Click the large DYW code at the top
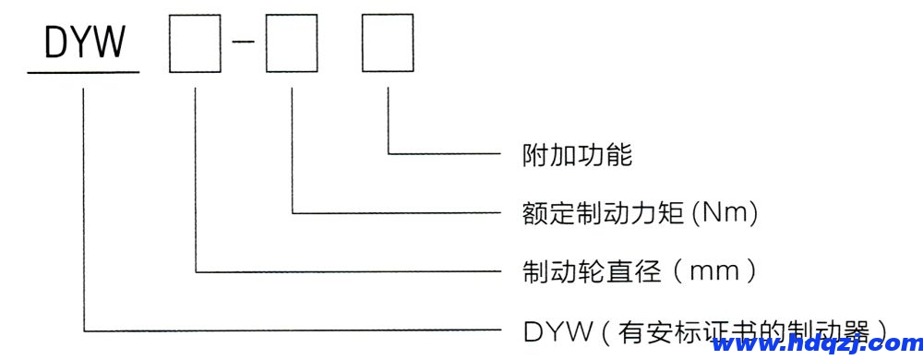pos(82,42)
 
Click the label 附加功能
pos(577,154)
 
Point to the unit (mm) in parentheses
pos(715,271)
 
